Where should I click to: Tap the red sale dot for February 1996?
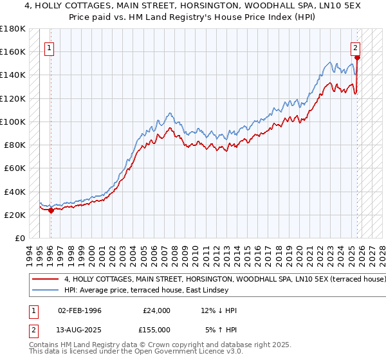point(51,210)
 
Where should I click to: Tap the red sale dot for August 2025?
point(357,57)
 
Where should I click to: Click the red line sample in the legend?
point(45,280)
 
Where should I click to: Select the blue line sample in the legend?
point(45,291)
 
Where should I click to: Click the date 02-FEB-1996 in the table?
point(79,310)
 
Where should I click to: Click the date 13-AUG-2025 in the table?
point(79,329)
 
